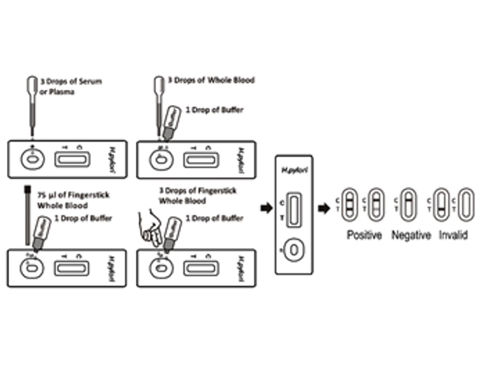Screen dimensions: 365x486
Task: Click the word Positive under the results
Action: (364, 235)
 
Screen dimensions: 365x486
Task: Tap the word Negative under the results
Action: (411, 235)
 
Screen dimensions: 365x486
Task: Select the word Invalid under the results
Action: (453, 235)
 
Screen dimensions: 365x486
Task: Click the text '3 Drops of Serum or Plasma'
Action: (71, 86)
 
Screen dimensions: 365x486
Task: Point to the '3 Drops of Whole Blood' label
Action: (211, 80)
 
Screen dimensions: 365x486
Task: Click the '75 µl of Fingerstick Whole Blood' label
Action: (73, 200)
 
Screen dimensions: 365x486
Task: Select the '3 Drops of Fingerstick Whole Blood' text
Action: (197, 195)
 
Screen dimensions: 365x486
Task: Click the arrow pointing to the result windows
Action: (323, 208)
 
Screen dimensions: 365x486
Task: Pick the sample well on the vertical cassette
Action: (294, 250)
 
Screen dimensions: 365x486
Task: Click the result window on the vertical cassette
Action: (294, 210)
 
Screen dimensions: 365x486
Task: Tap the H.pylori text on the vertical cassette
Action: (294, 170)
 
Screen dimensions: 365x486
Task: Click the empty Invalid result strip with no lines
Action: (465, 205)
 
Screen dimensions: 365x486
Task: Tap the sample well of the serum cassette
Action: (32, 159)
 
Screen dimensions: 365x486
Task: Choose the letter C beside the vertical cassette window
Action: (282, 203)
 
